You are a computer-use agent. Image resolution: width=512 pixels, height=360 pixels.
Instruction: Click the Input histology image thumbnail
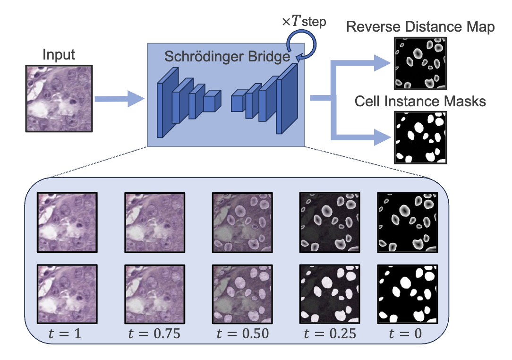tap(59, 98)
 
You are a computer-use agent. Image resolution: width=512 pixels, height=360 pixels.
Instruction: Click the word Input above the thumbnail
tap(59, 55)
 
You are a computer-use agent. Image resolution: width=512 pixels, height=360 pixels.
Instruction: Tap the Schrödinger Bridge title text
tap(227, 57)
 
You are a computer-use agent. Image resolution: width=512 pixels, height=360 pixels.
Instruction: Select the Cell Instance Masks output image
tap(419, 137)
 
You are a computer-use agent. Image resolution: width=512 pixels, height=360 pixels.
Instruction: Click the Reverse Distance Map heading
tap(420, 27)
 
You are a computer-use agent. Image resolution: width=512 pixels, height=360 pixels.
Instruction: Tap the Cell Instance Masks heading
tap(420, 101)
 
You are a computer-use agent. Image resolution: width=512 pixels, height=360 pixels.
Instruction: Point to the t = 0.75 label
tap(154, 334)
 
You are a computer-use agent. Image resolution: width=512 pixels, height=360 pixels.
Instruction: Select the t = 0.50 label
tap(242, 334)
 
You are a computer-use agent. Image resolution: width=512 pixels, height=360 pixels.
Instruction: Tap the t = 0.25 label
tap(330, 334)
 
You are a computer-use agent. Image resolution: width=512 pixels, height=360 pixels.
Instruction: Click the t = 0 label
tap(405, 334)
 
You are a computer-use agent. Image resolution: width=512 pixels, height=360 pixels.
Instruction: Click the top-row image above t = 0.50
tap(243, 222)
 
